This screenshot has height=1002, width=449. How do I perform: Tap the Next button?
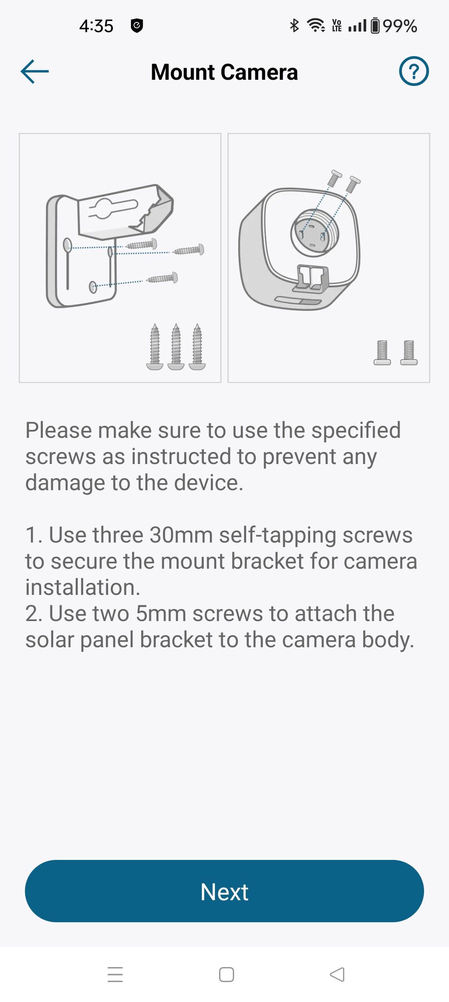224,891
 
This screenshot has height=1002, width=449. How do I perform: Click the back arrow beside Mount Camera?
35,71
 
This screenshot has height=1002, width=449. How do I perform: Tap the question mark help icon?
414,71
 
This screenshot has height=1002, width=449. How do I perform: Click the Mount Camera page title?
224,72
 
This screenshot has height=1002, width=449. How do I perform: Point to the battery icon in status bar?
375,26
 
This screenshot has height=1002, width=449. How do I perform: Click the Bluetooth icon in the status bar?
294,26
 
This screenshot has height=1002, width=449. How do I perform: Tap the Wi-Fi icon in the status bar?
316,25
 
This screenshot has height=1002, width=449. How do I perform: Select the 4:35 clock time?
96,26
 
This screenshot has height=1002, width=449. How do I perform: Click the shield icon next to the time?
137,26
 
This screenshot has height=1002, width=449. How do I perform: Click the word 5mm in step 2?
161,613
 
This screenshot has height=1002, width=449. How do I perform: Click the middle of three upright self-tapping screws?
176,347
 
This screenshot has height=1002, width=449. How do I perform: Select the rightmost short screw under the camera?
409,353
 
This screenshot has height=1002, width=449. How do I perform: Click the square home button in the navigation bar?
227,975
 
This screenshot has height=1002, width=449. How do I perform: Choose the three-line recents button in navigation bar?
115,975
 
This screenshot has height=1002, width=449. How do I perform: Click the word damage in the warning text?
64,483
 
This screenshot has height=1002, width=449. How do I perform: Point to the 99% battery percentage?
400,26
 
